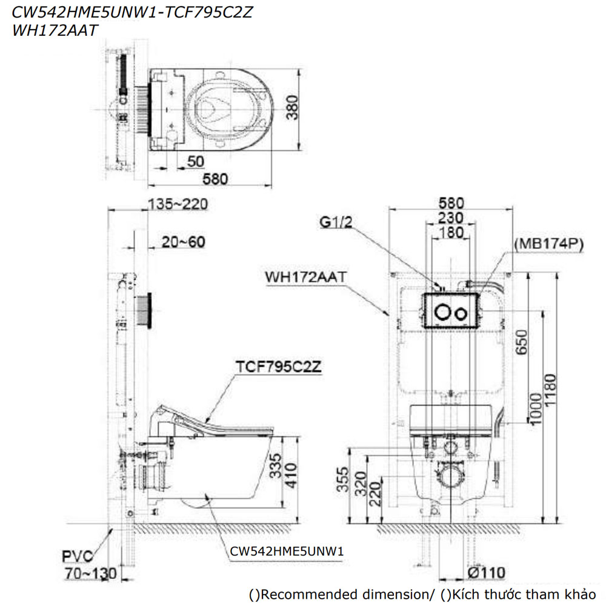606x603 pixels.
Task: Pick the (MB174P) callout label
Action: coord(548,244)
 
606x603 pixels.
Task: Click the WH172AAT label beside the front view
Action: coord(305,277)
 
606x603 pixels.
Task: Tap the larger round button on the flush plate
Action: coord(444,312)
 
